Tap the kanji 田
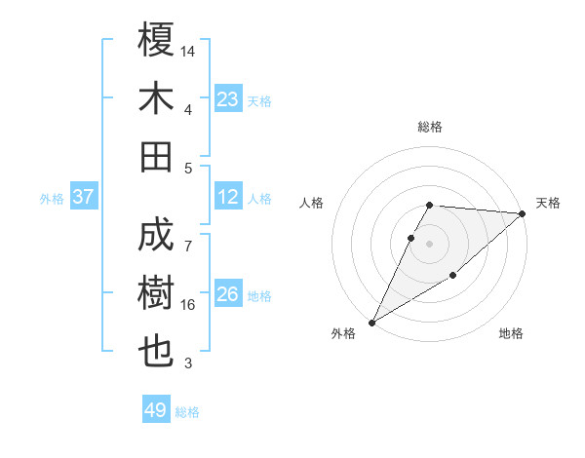pyautogui.click(x=157, y=155)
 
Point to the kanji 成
pyautogui.click(x=157, y=237)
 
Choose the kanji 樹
pyautogui.click(x=157, y=294)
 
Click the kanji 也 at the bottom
pyautogui.click(x=157, y=352)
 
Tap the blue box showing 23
pyautogui.click(x=228, y=98)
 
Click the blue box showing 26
pyautogui.click(x=228, y=295)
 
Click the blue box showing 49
pyautogui.click(x=156, y=410)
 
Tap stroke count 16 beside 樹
pyautogui.click(x=188, y=305)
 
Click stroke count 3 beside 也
pyautogui.click(x=188, y=363)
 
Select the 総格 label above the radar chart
pyautogui.click(x=430, y=127)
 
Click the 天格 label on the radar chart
pyautogui.click(x=548, y=203)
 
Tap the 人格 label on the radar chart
pyautogui.click(x=312, y=203)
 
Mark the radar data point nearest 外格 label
pyautogui.click(x=371, y=322)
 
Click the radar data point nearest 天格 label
pyautogui.click(x=523, y=213)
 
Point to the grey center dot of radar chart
pyautogui.click(x=430, y=244)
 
